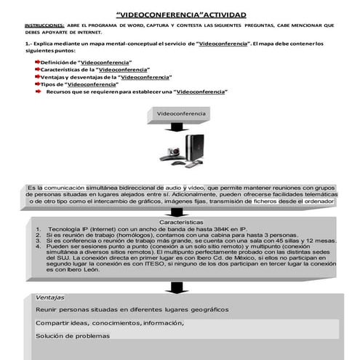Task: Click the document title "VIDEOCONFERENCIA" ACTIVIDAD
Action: tap(180, 14)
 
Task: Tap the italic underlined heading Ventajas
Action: tap(50, 297)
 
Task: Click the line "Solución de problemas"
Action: tap(72, 335)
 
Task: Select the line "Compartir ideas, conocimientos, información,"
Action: tap(109, 322)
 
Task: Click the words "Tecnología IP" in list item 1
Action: tap(72, 228)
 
